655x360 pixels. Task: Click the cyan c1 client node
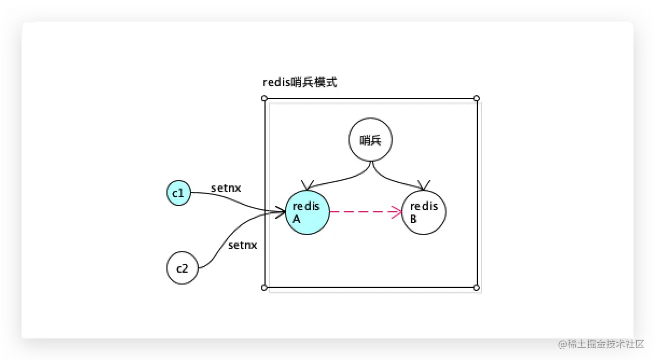coord(178,193)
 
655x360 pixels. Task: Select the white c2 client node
coord(183,267)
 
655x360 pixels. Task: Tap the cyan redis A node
coord(307,212)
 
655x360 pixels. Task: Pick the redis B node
coord(424,212)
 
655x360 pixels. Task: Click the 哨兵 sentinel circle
coord(370,140)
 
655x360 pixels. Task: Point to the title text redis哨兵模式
coord(299,82)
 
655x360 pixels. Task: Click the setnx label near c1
coord(226,188)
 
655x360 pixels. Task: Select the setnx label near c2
coord(242,245)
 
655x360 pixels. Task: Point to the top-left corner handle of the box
coord(264,98)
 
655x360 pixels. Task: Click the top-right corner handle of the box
coord(476,98)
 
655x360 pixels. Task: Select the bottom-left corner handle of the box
coord(264,288)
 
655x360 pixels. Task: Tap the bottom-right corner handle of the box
coord(476,288)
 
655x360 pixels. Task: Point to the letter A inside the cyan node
coord(296,219)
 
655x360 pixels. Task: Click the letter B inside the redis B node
coord(413,219)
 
